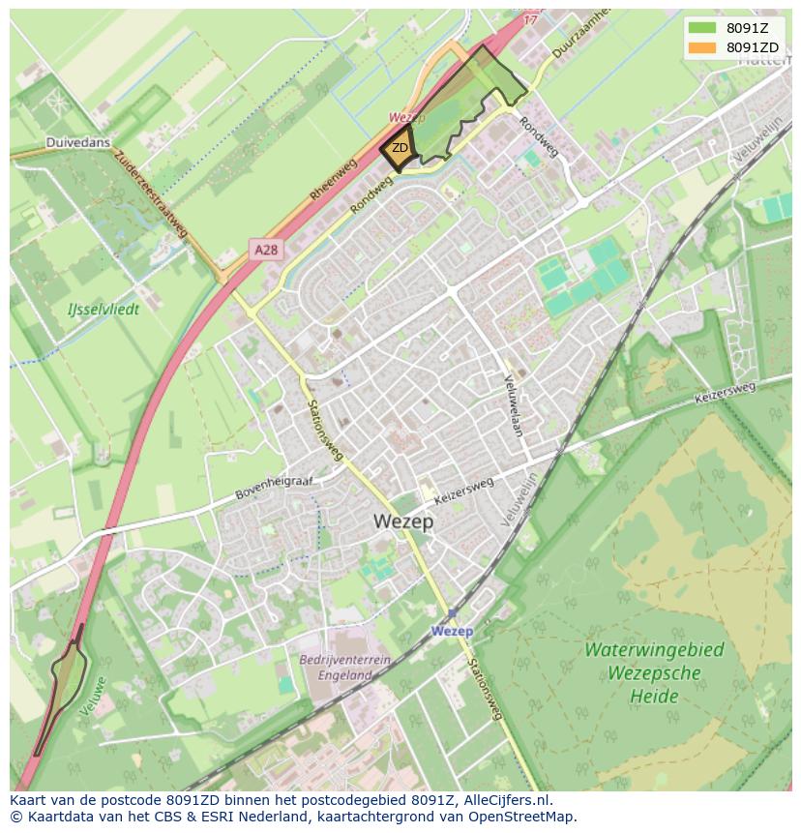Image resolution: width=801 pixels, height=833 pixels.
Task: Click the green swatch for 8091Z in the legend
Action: (x=702, y=28)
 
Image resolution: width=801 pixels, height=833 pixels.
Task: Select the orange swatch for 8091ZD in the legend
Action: (x=702, y=47)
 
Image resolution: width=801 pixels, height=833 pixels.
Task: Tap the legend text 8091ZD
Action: (x=753, y=47)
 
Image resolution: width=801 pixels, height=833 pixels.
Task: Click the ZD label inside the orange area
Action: (x=400, y=148)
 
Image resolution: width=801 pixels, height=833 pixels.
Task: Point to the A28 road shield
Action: (x=266, y=250)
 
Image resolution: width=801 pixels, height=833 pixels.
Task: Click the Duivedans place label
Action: (x=78, y=142)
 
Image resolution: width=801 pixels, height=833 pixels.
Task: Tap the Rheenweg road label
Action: (x=334, y=180)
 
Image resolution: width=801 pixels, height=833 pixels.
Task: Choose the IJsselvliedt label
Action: (x=104, y=310)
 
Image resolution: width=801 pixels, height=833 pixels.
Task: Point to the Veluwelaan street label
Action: (x=513, y=405)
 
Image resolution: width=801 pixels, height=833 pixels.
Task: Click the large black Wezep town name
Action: (x=403, y=521)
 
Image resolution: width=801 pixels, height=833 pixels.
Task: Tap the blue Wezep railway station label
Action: (x=452, y=631)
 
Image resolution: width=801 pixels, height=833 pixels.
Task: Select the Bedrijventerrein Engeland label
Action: (x=344, y=668)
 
